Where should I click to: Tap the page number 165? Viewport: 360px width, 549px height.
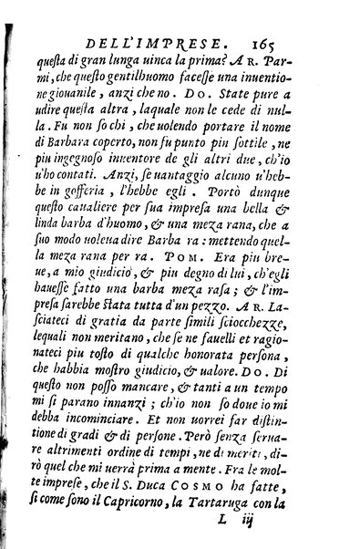tap(262, 41)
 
